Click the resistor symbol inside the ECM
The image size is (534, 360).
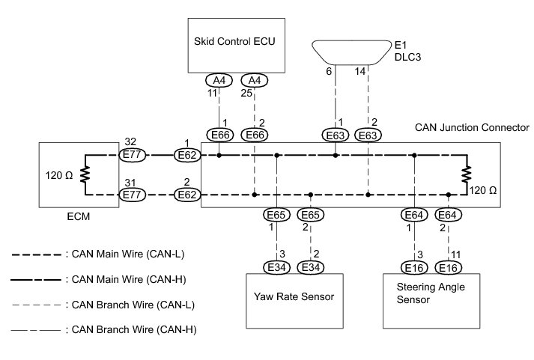(85, 175)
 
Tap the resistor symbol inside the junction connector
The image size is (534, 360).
(466, 175)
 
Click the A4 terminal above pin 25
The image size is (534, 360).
(255, 80)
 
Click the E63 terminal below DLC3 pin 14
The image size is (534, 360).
(368, 135)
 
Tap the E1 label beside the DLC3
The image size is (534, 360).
(401, 43)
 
